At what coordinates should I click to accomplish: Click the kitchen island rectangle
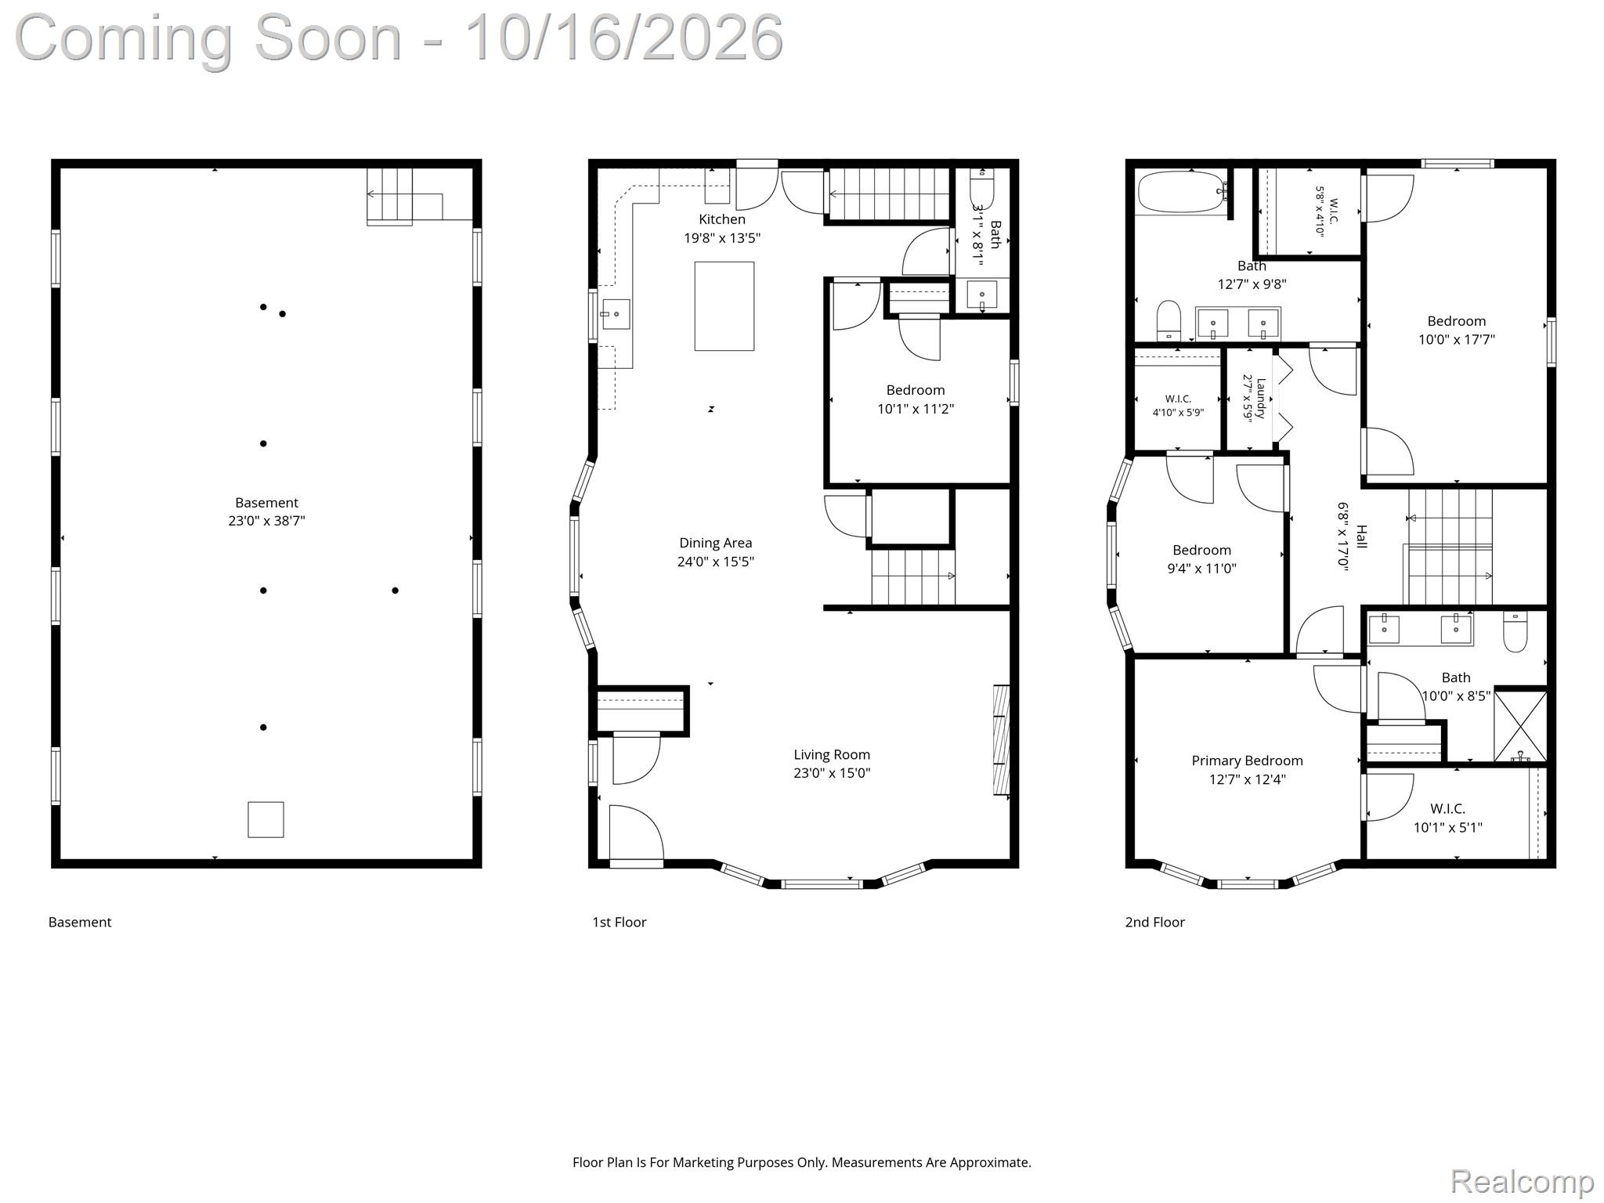[724, 306]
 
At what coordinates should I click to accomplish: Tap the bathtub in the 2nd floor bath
[1181, 192]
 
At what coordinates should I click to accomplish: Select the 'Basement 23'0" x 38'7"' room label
[266, 511]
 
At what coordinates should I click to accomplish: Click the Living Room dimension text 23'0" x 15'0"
[832, 773]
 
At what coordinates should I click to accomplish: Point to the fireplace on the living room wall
[1001, 740]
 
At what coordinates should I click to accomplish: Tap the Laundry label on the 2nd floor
[1261, 399]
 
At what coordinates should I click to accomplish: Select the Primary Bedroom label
[1247, 760]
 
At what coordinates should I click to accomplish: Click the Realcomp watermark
[1522, 1181]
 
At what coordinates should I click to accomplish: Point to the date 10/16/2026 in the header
[623, 37]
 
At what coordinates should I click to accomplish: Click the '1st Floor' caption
[619, 922]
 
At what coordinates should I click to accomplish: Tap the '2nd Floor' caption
[1154, 922]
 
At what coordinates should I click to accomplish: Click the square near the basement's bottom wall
[266, 819]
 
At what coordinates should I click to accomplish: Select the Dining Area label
[715, 543]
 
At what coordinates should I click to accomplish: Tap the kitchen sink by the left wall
[616, 314]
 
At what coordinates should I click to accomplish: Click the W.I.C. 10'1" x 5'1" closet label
[1447, 818]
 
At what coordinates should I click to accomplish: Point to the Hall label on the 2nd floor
[1361, 537]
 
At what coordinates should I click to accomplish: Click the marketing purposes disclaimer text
[802, 1162]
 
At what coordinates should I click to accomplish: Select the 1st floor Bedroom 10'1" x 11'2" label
[916, 399]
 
